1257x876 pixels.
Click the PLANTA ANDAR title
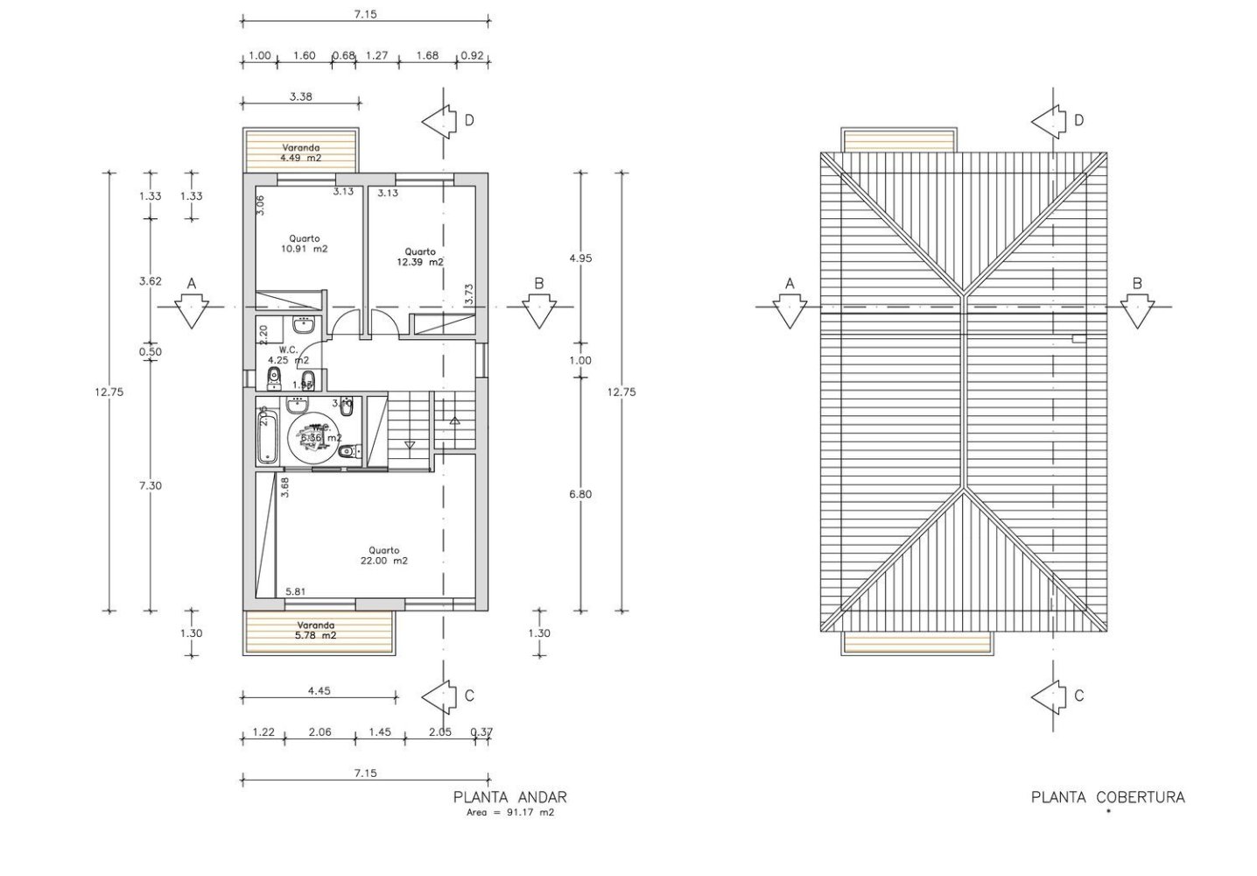[x=509, y=797]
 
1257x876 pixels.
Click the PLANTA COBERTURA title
[x=1107, y=797]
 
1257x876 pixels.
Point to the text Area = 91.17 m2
[x=510, y=813]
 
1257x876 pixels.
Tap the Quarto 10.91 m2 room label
[x=305, y=244]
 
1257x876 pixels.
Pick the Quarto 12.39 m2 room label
[x=419, y=257]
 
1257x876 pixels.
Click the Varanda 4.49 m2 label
[x=300, y=152]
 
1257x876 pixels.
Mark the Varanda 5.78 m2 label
[x=316, y=630]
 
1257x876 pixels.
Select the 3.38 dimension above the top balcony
[x=300, y=97]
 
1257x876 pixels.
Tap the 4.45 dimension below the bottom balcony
[x=319, y=690]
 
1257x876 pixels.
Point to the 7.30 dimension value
[x=151, y=485]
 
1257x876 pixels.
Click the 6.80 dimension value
[x=579, y=494]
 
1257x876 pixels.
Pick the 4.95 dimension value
[x=579, y=258]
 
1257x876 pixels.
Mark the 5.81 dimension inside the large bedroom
[x=297, y=592]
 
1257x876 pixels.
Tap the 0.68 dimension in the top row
[x=344, y=56]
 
